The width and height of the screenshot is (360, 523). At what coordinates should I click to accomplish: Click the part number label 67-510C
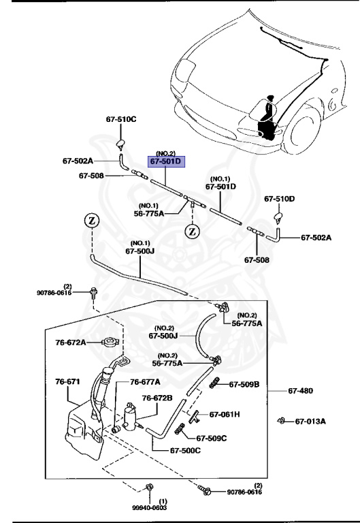pos(120,119)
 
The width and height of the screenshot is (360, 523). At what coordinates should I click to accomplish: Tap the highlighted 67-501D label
pos(167,161)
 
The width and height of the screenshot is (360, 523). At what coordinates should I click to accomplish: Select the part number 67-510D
pos(279,199)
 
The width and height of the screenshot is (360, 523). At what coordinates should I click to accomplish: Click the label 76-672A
pos(71,342)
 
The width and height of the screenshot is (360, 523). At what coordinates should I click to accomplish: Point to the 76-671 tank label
pos(68,382)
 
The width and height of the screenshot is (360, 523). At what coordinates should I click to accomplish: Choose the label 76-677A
pos(145,382)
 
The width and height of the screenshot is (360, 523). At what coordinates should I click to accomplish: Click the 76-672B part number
pos(157,398)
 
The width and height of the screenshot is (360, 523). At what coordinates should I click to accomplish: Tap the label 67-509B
pos(244,384)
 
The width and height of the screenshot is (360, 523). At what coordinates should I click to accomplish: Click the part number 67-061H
pos(225,414)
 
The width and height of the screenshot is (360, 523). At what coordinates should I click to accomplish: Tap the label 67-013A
pos(310,421)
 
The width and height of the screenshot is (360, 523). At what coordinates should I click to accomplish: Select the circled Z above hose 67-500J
pos(91,221)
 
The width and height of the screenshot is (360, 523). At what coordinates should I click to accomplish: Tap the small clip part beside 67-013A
pos(280,420)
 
